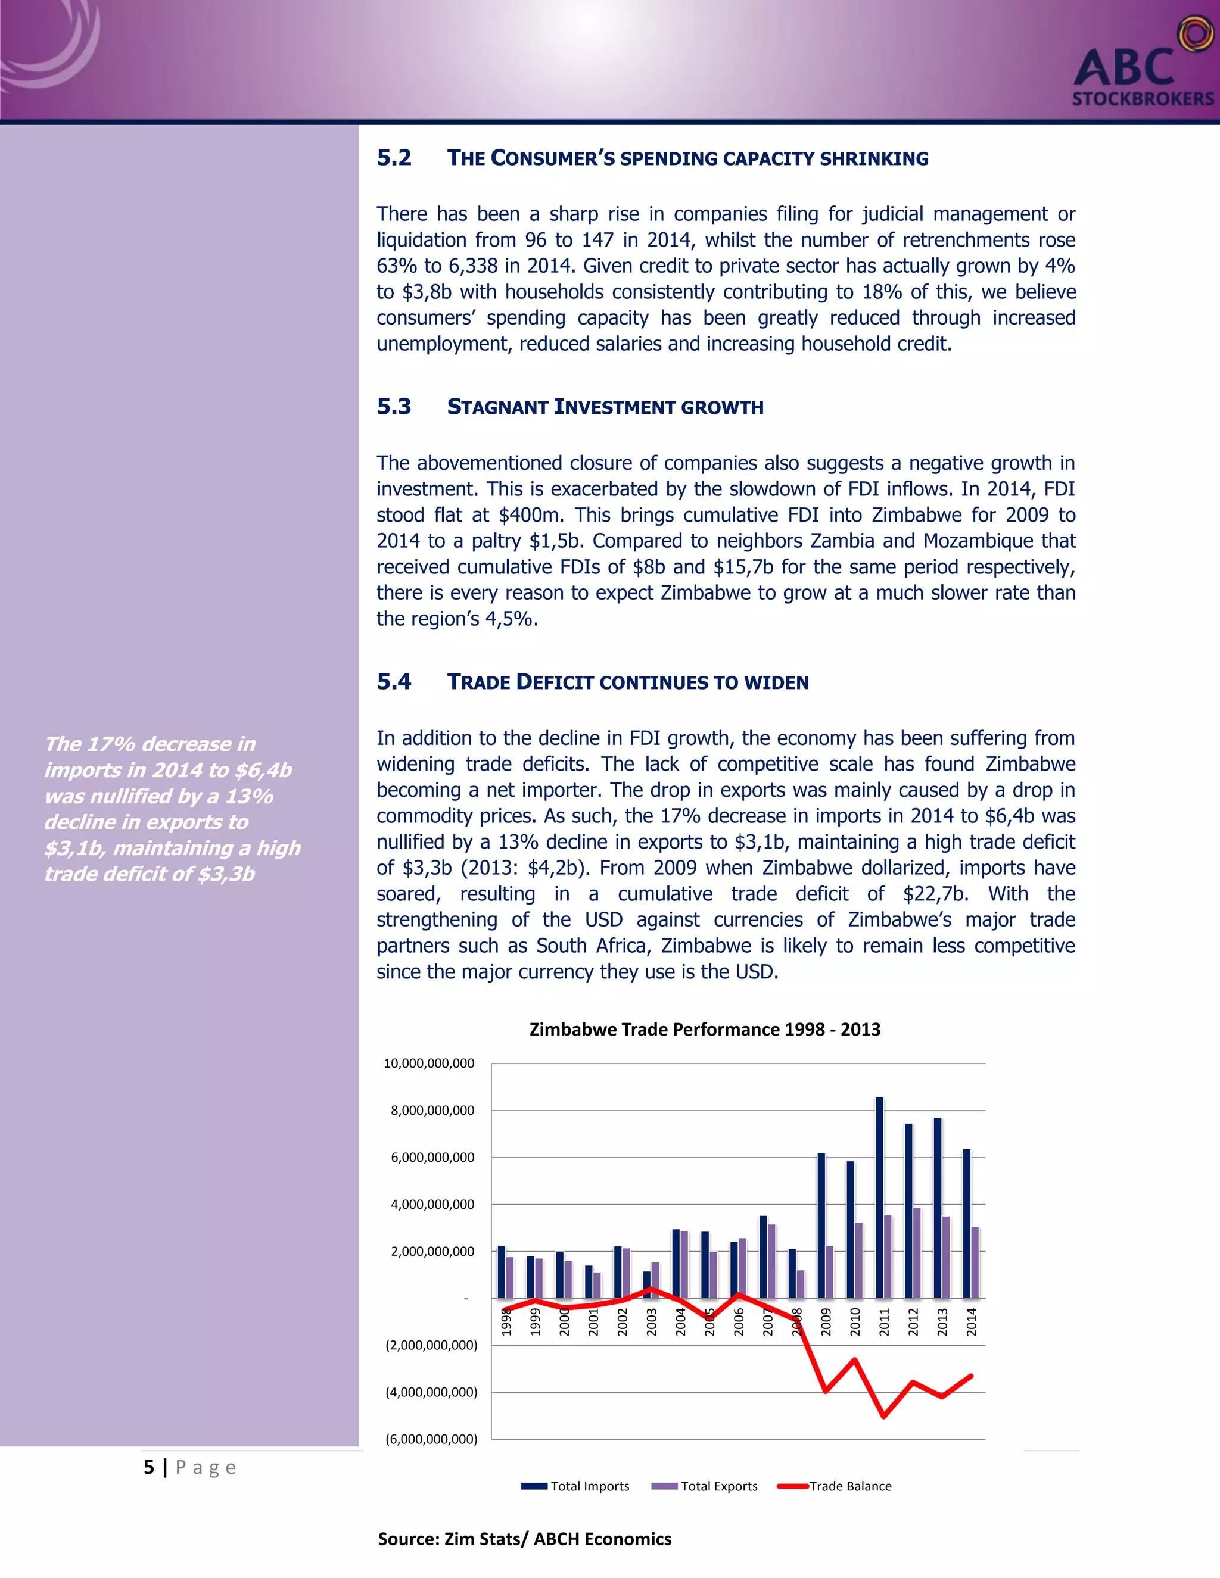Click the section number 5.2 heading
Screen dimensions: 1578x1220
click(x=394, y=158)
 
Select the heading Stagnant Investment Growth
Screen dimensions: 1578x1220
click(x=605, y=407)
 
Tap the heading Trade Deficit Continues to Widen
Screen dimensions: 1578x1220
click(x=627, y=682)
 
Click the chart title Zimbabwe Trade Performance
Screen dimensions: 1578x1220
click(x=705, y=1029)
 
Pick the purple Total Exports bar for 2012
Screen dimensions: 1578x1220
click(x=916, y=1253)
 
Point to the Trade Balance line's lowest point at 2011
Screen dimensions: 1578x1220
click(x=884, y=1416)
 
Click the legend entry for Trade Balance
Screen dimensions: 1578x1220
click(x=849, y=1486)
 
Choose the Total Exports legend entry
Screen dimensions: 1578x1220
click(x=718, y=1486)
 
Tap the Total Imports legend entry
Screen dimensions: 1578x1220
click(x=589, y=1486)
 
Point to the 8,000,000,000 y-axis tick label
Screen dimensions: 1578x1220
click(x=432, y=1111)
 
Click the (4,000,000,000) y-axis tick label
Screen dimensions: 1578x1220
click(x=431, y=1392)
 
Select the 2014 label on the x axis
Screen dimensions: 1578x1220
click(x=972, y=1321)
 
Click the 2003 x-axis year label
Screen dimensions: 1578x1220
click(x=651, y=1321)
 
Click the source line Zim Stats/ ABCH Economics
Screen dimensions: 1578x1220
click(x=525, y=1539)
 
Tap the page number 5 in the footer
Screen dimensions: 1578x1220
click(x=149, y=1467)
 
